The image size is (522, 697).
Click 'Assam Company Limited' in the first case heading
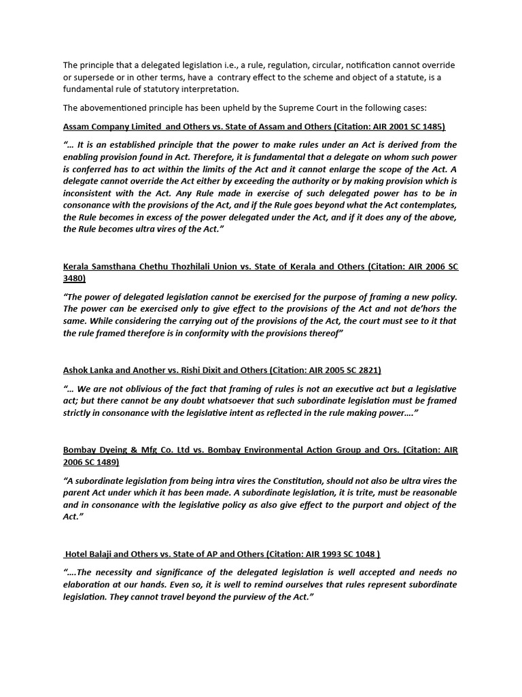click(x=113, y=127)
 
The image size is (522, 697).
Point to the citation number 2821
click(x=366, y=370)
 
